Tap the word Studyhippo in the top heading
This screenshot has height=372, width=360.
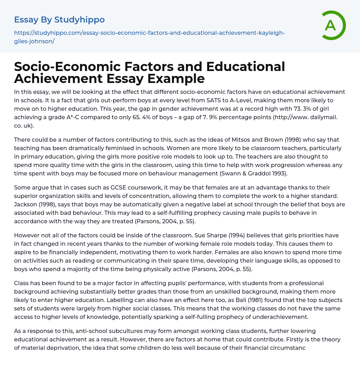(x=79, y=19)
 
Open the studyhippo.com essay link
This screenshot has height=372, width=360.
(x=149, y=37)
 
